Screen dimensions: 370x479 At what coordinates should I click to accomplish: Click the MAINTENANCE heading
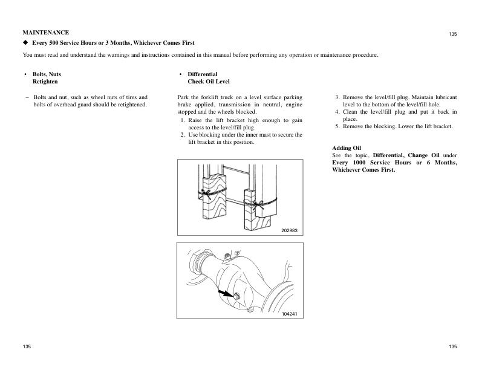pos(45,31)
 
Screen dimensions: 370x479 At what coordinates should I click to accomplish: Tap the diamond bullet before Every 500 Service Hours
pos(25,43)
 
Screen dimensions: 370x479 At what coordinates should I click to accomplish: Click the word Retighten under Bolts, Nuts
pos(45,81)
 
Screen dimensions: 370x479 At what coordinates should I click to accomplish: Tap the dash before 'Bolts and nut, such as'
pos(27,97)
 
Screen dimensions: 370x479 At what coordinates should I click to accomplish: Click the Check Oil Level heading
pos(209,81)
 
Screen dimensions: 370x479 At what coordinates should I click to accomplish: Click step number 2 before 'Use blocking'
pos(183,135)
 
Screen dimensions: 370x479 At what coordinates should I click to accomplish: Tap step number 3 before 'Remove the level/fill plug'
pos(337,97)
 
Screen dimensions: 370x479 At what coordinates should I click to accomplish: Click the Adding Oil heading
pos(347,148)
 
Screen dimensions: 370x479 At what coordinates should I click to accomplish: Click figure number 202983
pos(290,231)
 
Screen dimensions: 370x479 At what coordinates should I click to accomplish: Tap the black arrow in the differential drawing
pos(226,293)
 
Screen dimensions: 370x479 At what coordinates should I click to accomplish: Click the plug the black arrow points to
pos(236,296)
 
